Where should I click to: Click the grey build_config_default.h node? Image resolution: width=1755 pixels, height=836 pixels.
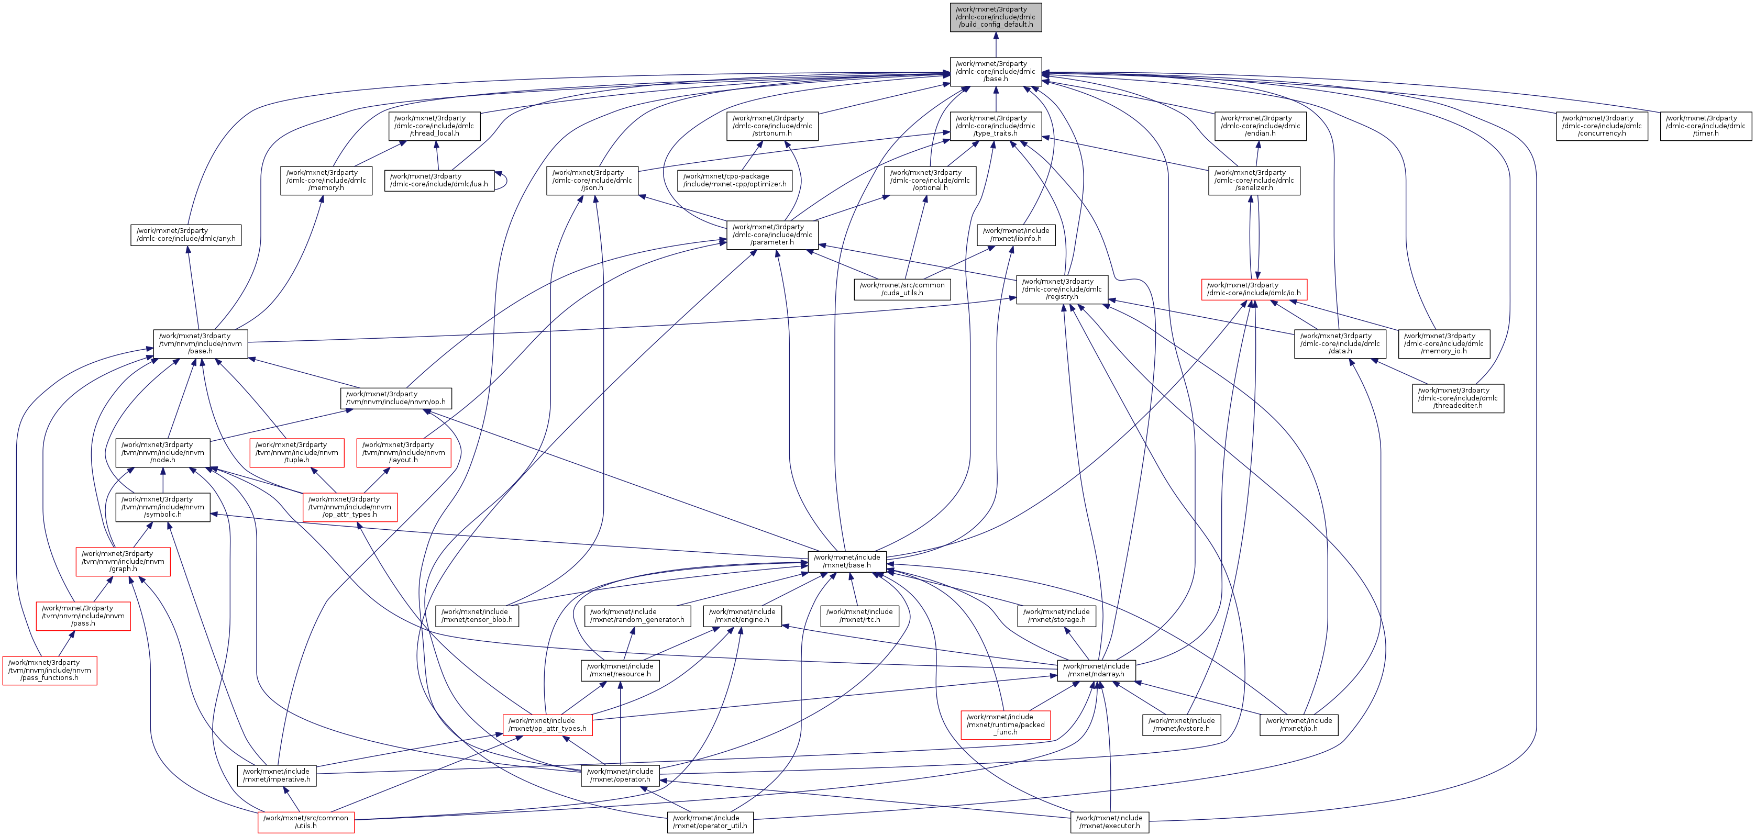click(996, 17)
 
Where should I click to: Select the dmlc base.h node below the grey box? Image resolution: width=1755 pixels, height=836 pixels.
click(996, 72)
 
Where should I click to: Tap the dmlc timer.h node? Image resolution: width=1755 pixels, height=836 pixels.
click(1705, 126)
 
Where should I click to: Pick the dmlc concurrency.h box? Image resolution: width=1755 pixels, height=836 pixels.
click(1601, 126)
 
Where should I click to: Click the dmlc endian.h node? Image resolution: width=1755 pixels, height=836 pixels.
click(1260, 126)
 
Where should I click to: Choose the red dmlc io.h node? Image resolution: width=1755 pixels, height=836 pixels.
click(1254, 289)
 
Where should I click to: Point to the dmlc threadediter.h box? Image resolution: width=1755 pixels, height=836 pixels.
click(1458, 398)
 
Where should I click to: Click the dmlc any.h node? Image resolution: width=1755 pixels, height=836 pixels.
click(186, 235)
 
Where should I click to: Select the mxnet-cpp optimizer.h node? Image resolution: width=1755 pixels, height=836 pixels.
click(734, 181)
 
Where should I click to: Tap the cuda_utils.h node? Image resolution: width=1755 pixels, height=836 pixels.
click(902, 289)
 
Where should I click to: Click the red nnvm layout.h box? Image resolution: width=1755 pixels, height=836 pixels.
click(403, 453)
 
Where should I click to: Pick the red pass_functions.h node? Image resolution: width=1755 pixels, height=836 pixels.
click(50, 670)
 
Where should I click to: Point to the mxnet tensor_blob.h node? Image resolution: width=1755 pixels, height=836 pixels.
click(477, 616)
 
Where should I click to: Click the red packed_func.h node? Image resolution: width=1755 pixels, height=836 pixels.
click(1005, 724)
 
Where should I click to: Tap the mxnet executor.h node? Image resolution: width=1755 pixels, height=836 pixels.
click(1109, 822)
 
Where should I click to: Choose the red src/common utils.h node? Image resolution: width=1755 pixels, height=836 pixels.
click(306, 822)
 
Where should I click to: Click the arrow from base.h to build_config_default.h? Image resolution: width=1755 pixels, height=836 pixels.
click(996, 44)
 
